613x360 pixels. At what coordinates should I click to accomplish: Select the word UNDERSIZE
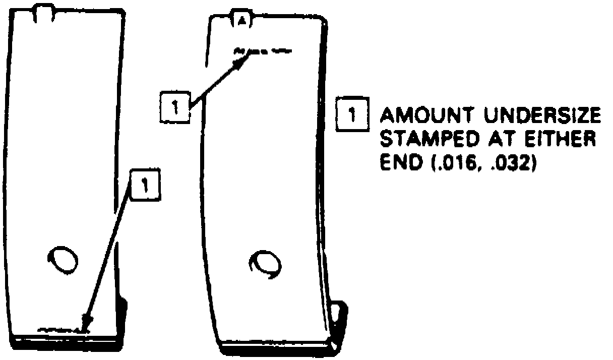pyautogui.click(x=542, y=116)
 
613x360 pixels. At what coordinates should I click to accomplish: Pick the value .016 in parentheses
pyautogui.click(x=450, y=163)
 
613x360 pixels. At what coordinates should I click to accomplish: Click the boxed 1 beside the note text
pyautogui.click(x=353, y=115)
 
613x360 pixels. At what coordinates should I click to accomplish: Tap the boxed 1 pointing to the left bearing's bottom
pyautogui.click(x=145, y=185)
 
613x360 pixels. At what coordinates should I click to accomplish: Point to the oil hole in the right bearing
pyautogui.click(x=265, y=263)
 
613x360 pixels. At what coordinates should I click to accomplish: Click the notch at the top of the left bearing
pyautogui.click(x=43, y=13)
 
